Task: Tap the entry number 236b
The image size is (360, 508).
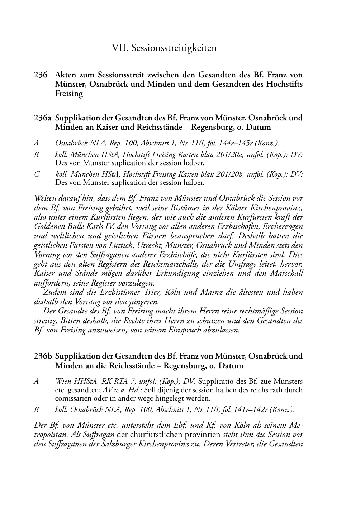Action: point(43,356)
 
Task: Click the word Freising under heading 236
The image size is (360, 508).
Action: point(69,94)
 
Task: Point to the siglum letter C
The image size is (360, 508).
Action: point(37,174)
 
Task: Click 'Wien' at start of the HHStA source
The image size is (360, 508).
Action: point(63,382)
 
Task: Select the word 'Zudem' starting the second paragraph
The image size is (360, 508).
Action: point(53,292)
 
